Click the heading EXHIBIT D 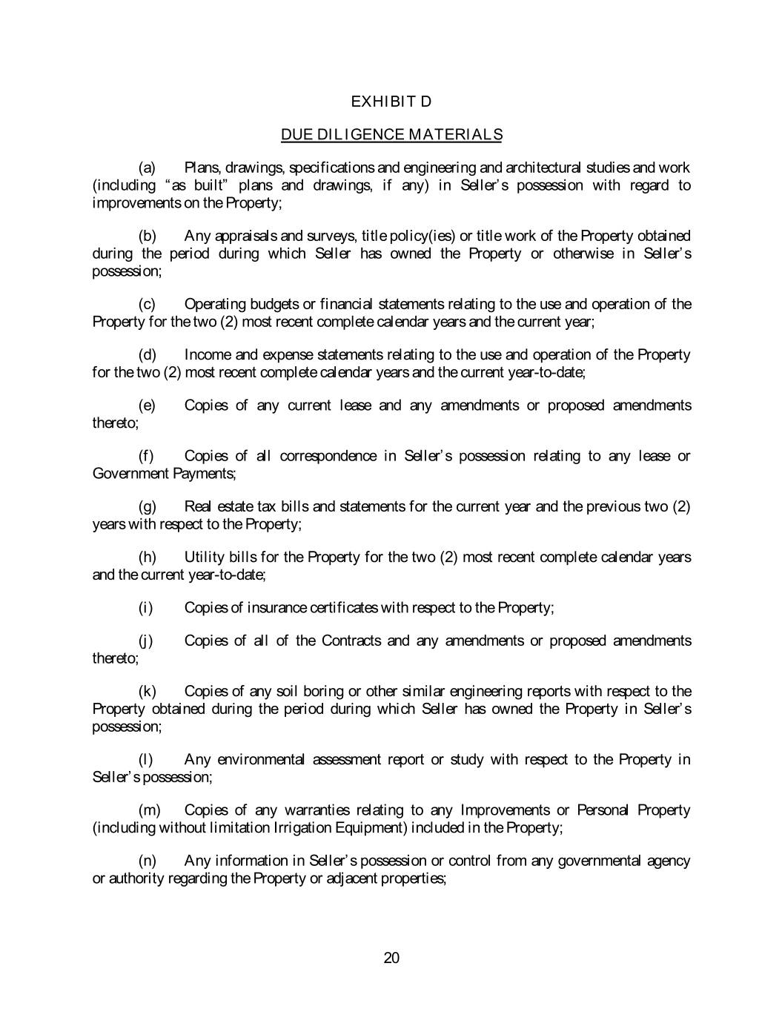(391, 101)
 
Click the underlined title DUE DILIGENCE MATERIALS (391, 135)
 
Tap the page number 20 (391, 958)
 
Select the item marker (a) (146, 168)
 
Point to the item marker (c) (146, 305)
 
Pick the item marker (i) (145, 609)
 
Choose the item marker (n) (147, 861)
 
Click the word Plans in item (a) (202, 168)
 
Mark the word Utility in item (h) (205, 558)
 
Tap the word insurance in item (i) (276, 609)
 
